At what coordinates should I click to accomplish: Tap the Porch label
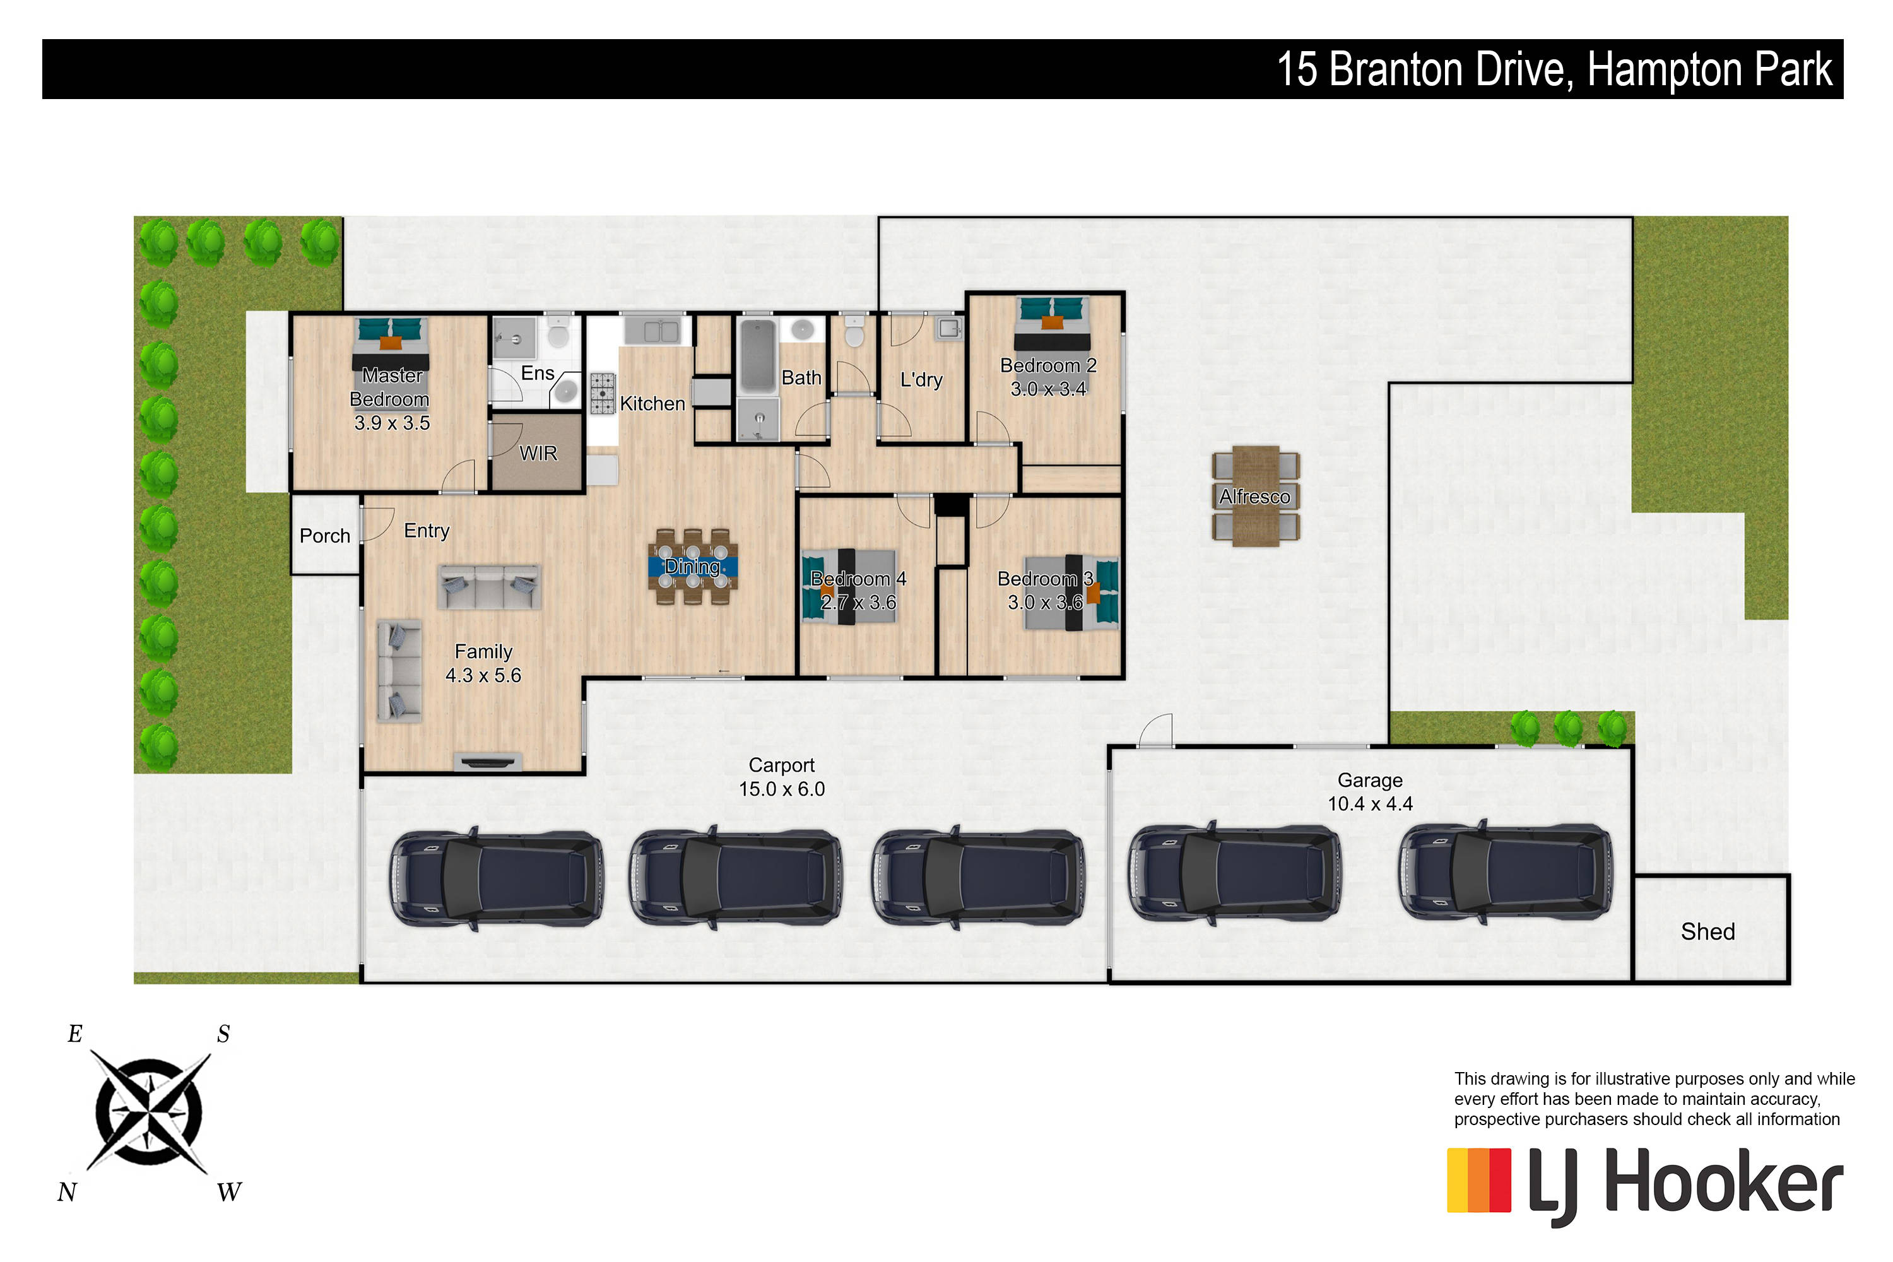coord(324,536)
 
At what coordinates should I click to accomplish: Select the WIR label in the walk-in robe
coord(538,453)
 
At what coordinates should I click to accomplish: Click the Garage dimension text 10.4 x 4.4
coord(1370,803)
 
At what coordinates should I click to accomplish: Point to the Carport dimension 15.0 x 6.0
coord(782,789)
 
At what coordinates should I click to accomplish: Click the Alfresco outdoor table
coord(1256,496)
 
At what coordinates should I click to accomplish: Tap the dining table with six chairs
coord(692,567)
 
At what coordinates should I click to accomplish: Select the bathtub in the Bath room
coord(757,356)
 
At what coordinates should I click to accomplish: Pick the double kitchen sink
coord(651,331)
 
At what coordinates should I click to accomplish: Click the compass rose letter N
coord(67,1192)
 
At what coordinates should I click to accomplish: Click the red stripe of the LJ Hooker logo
coord(1501,1180)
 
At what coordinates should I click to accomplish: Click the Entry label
coord(427,531)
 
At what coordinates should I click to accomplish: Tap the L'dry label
coord(921,380)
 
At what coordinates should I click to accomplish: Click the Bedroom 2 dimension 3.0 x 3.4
coord(1048,389)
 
